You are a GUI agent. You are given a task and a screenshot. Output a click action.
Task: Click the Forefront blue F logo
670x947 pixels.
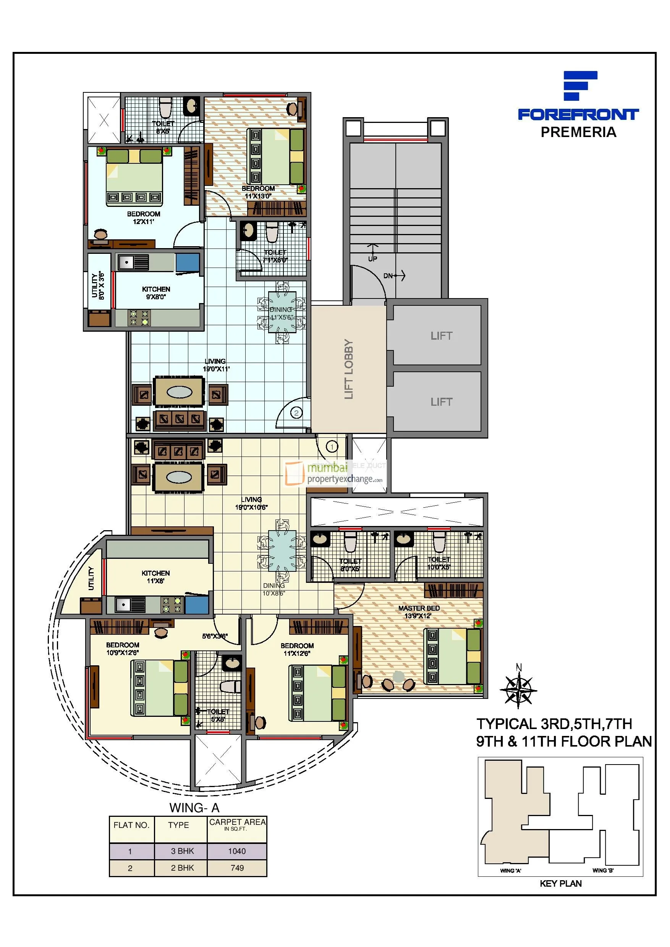[x=579, y=86]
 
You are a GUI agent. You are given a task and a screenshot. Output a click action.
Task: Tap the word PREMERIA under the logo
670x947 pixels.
[x=578, y=132]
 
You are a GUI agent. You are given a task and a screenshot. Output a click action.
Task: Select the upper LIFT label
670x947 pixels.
[x=441, y=336]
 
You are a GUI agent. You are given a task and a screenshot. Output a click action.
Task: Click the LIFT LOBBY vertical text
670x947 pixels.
[x=349, y=369]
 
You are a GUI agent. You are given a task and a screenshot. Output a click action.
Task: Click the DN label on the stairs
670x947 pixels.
[x=388, y=276]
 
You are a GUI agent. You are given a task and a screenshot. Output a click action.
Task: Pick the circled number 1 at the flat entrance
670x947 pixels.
[x=332, y=446]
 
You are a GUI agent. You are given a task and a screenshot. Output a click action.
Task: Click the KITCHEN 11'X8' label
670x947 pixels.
[x=155, y=577]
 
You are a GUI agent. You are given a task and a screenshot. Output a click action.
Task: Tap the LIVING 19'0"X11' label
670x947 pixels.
[x=215, y=365]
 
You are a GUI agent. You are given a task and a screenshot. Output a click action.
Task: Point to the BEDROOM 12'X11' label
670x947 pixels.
[x=143, y=217]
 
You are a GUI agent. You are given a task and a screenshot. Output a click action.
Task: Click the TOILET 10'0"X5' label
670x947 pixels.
[x=439, y=563]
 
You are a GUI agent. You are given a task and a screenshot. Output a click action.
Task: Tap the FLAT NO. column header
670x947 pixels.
[x=131, y=825]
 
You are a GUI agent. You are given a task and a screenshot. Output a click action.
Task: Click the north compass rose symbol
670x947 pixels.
[x=518, y=690]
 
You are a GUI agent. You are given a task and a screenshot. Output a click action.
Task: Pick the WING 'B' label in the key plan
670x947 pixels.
[x=603, y=870]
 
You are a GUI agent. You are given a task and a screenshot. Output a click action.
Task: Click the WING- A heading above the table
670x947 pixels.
[x=194, y=808]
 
